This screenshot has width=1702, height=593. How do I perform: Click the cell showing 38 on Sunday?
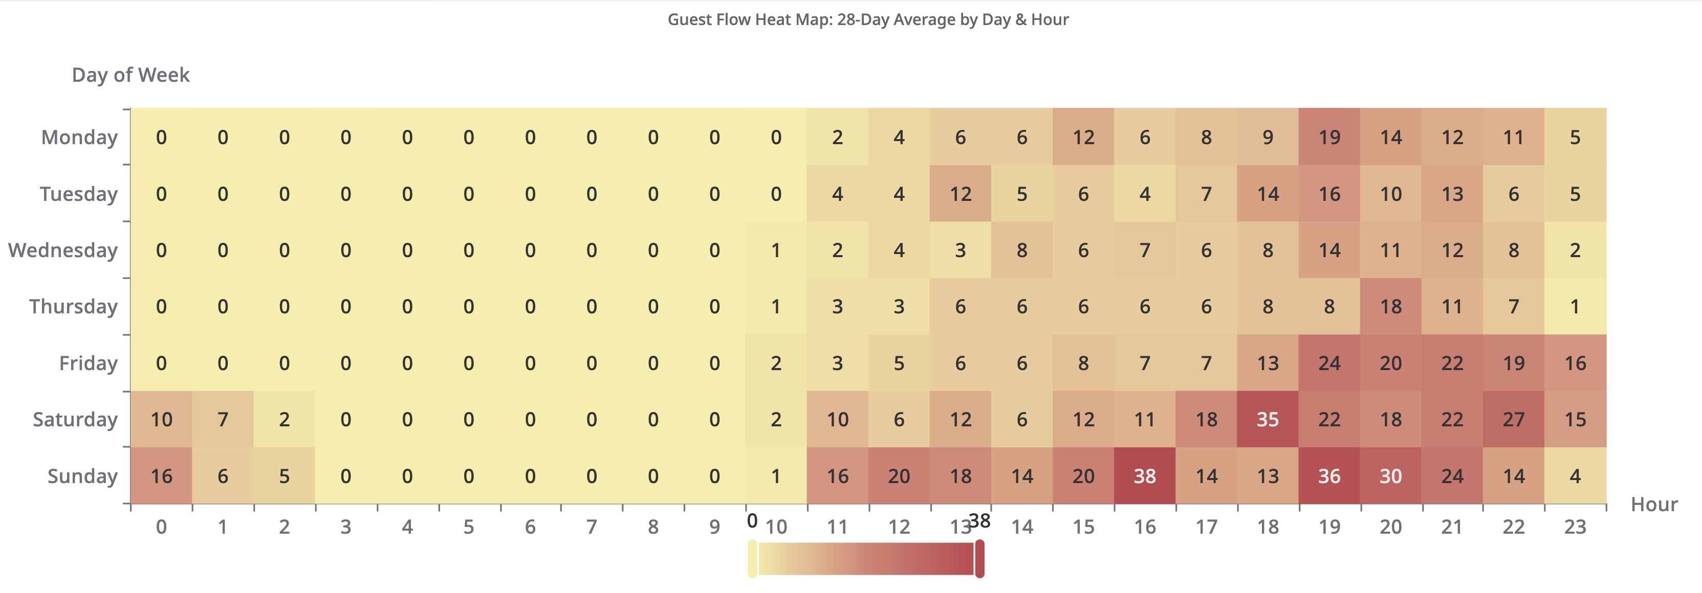pyautogui.click(x=1144, y=475)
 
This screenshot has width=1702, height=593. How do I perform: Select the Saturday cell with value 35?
pyautogui.click(x=1267, y=419)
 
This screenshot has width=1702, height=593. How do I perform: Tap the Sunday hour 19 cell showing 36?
pyautogui.click(x=1329, y=475)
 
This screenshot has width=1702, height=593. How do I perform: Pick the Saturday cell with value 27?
pyautogui.click(x=1513, y=419)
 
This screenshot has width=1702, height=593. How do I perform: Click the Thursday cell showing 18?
pyautogui.click(x=1390, y=306)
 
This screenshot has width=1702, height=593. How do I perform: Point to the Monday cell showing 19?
pyautogui.click(x=1329, y=138)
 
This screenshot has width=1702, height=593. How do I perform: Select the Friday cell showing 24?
pyautogui.click(x=1329, y=362)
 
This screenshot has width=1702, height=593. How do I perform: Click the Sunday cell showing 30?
pyautogui.click(x=1390, y=475)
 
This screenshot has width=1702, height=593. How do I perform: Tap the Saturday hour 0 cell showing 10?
pyautogui.click(x=161, y=419)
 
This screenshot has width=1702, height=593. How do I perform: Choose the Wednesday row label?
pyautogui.click(x=63, y=250)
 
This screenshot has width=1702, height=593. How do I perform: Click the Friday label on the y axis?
pyautogui.click(x=88, y=362)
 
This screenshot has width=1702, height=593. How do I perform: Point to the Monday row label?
pyautogui.click(x=79, y=138)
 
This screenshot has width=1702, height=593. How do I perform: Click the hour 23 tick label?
pyautogui.click(x=1575, y=527)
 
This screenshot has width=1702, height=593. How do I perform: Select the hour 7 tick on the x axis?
pyautogui.click(x=592, y=527)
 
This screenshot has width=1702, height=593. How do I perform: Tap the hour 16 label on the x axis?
pyautogui.click(x=1144, y=527)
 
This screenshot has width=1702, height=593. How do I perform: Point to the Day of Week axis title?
pyautogui.click(x=131, y=75)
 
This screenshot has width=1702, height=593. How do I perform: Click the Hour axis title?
pyautogui.click(x=1654, y=505)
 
